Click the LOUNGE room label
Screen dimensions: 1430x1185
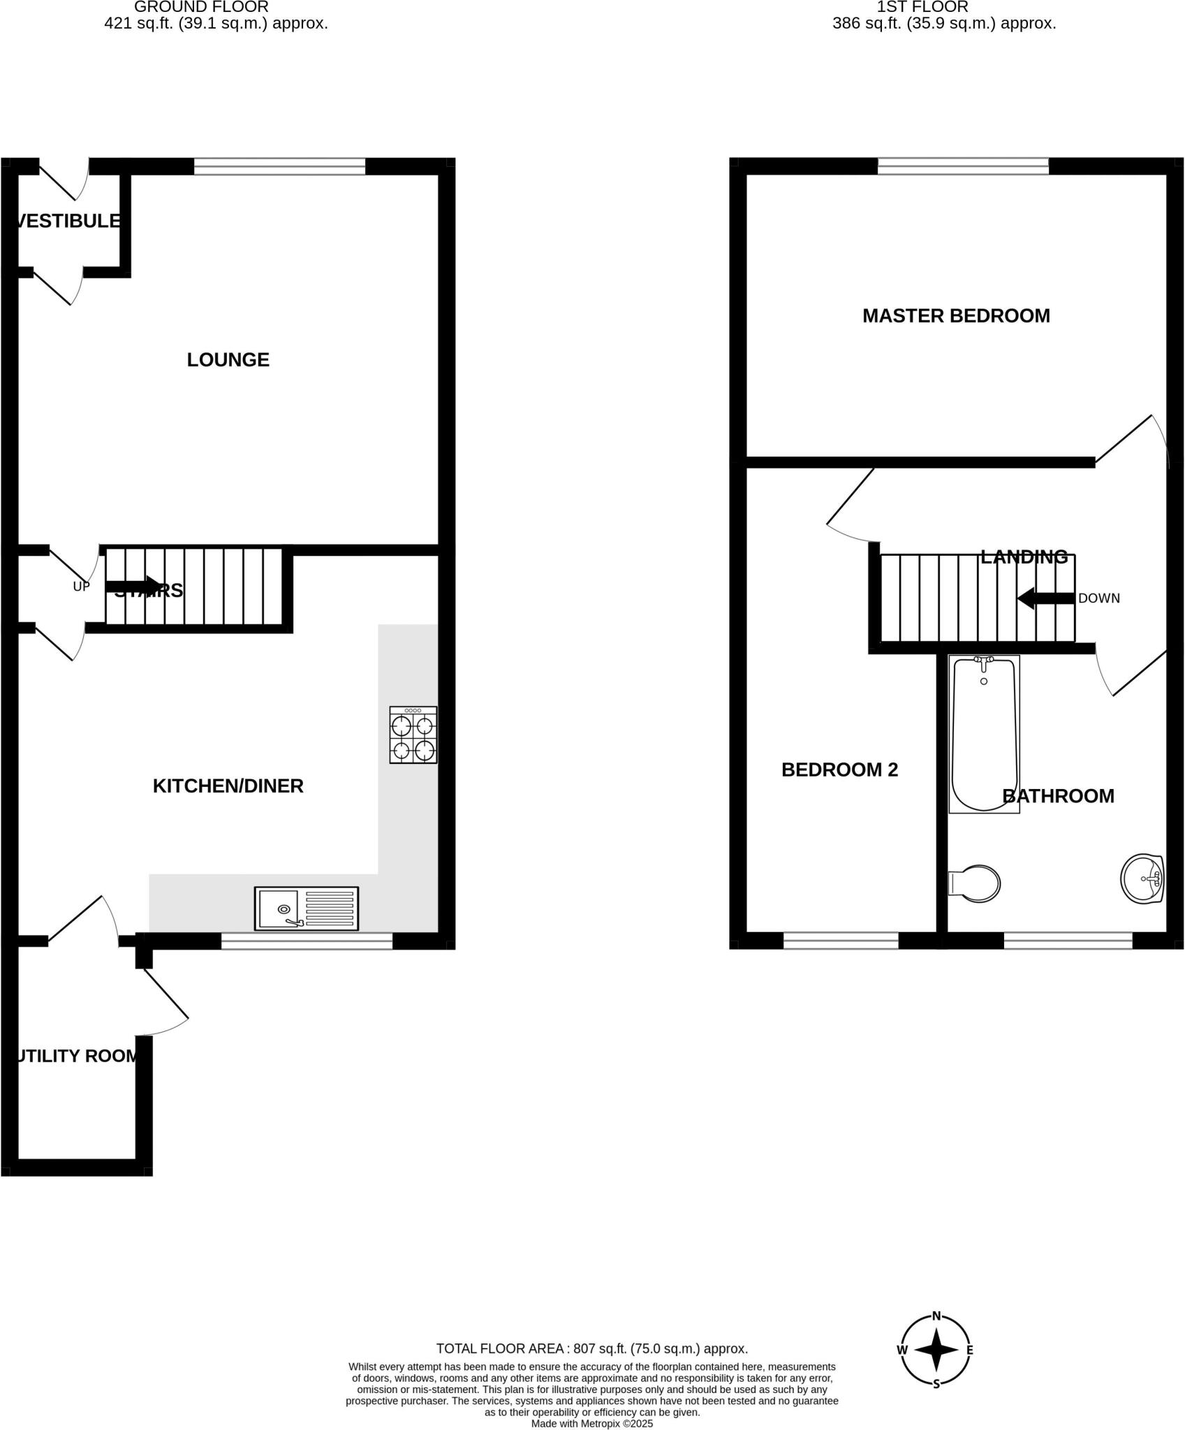(x=228, y=360)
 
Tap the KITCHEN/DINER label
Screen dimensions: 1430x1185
(x=228, y=786)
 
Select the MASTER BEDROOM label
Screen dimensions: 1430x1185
(x=956, y=316)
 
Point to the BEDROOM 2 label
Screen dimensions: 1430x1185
(x=839, y=769)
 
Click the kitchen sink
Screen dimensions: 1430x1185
(x=307, y=908)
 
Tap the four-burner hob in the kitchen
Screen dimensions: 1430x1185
(x=413, y=735)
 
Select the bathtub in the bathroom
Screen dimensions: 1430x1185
(x=984, y=733)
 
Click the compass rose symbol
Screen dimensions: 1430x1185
(x=936, y=1350)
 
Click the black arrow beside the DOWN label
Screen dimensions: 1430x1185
(x=1045, y=598)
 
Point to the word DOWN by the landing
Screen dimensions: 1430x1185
(x=1099, y=598)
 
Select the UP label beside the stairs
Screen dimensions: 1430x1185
(x=82, y=587)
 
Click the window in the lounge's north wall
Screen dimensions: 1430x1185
(x=279, y=166)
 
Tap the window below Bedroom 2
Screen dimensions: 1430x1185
(x=841, y=941)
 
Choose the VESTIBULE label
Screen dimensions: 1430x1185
(x=68, y=221)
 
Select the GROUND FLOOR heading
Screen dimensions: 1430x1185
(x=201, y=7)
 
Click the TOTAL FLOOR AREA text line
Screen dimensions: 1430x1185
(x=591, y=1348)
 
